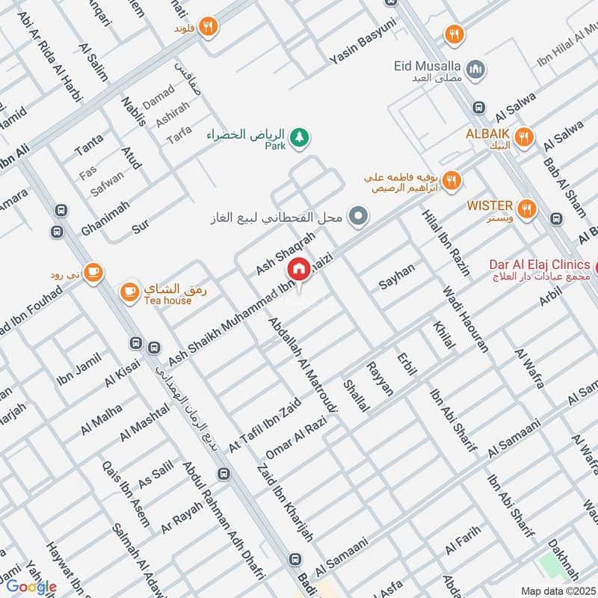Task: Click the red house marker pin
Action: pyautogui.click(x=300, y=269)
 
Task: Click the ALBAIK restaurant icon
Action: pyautogui.click(x=525, y=136)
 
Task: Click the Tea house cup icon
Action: pyautogui.click(x=129, y=290)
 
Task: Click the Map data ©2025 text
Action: pyautogui.click(x=557, y=591)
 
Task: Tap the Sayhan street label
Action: pyautogui.click(x=396, y=276)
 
